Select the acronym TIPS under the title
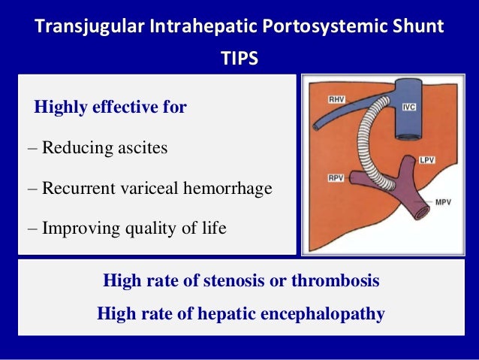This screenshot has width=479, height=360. [239, 58]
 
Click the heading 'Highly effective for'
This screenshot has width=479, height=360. [110, 107]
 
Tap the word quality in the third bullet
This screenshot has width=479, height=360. [142, 228]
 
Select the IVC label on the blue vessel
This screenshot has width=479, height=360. [408, 107]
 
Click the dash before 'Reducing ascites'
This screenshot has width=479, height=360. [32, 147]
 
